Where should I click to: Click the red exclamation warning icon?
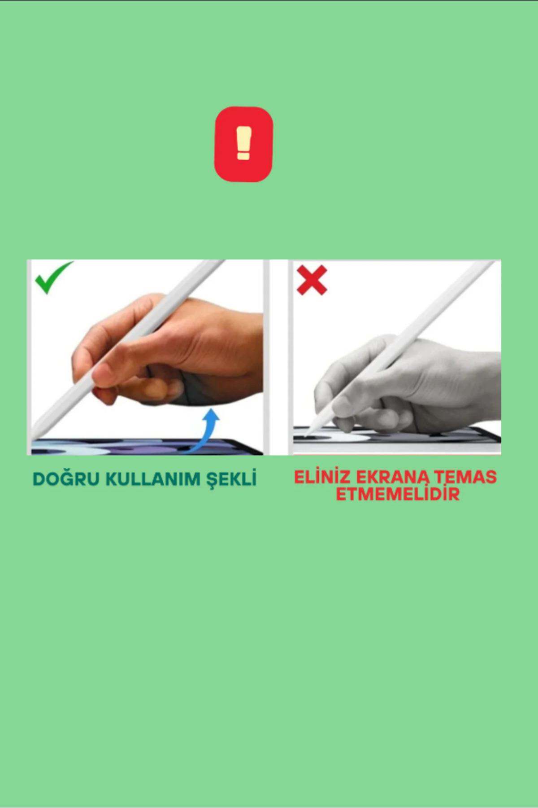pyautogui.click(x=243, y=144)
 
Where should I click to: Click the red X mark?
pyautogui.click(x=312, y=280)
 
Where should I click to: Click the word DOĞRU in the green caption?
pyautogui.click(x=66, y=479)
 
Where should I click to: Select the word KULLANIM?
pyautogui.click(x=153, y=479)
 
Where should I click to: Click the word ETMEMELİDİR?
pyautogui.click(x=398, y=494)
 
